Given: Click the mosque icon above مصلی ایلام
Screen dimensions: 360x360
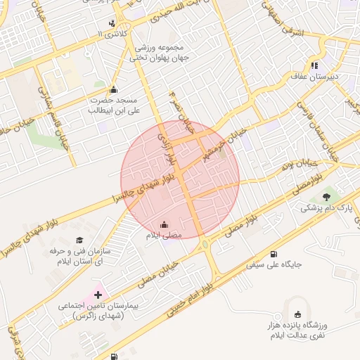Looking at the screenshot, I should (164, 225).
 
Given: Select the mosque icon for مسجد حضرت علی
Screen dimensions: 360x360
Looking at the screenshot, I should (114, 90).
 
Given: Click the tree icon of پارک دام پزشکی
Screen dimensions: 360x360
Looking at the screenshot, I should (326, 197).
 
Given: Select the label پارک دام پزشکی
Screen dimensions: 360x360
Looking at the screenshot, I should (325, 208).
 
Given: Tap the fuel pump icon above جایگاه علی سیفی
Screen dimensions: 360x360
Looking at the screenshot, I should (273, 254).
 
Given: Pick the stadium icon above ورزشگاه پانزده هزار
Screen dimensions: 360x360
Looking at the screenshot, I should (297, 314).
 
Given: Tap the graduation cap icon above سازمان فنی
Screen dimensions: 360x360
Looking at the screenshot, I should (78, 240).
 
